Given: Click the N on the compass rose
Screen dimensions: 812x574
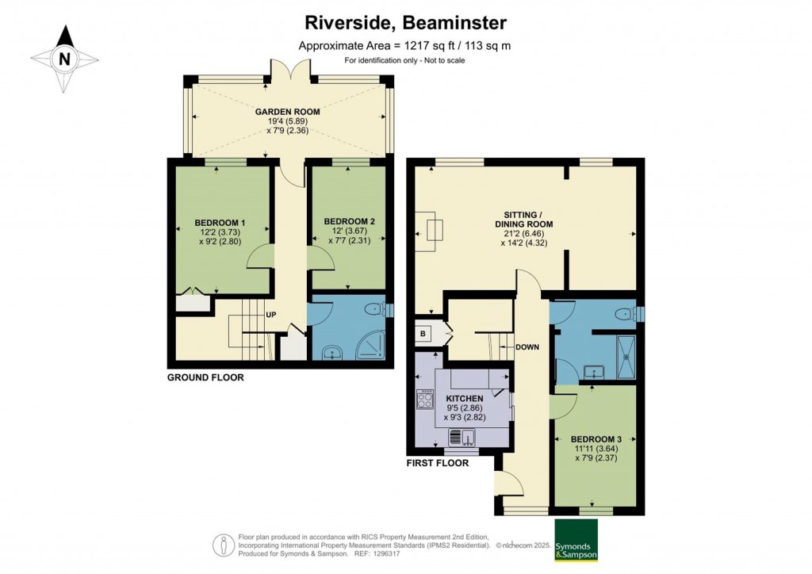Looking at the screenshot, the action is (x=65, y=59).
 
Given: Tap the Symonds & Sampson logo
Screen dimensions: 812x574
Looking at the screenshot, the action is (x=576, y=539).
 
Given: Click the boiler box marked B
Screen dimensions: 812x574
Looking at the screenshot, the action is (x=423, y=334).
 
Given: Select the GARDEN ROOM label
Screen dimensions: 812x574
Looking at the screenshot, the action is (x=287, y=112).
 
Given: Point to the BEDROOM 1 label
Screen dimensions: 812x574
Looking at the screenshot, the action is (x=220, y=223).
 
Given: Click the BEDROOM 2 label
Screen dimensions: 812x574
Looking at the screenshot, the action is (x=350, y=221).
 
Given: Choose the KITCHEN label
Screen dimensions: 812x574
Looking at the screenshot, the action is (x=465, y=399).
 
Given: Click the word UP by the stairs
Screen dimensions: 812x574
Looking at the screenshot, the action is (x=271, y=315).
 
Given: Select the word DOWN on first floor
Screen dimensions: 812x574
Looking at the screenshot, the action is (x=527, y=347).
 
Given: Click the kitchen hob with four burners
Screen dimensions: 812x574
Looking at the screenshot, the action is (x=425, y=399).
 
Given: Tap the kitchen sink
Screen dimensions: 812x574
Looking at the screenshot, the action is (x=463, y=438).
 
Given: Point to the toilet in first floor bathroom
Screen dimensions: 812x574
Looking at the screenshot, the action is (x=627, y=314).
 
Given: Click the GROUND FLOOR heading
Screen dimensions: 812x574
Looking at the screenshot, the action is (x=205, y=377).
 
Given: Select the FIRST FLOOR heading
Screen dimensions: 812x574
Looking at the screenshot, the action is (x=438, y=463).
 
